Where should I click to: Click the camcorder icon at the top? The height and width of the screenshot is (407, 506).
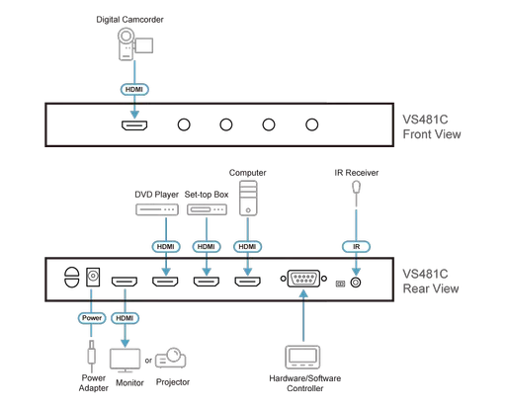pyautogui.click(x=130, y=41)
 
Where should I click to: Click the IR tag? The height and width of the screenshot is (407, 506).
pyautogui.click(x=355, y=243)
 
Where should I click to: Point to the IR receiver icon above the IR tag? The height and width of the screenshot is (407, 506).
pyautogui.click(x=355, y=194)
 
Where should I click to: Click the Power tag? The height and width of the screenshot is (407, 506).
pyautogui.click(x=90, y=318)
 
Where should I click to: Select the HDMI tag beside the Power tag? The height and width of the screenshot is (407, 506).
pyautogui.click(x=124, y=318)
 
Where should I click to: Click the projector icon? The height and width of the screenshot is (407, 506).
pyautogui.click(x=172, y=358)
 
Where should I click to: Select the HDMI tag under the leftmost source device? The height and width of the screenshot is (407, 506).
pyautogui.click(x=164, y=243)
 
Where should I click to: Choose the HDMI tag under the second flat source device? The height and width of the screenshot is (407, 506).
pyautogui.click(x=205, y=243)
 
